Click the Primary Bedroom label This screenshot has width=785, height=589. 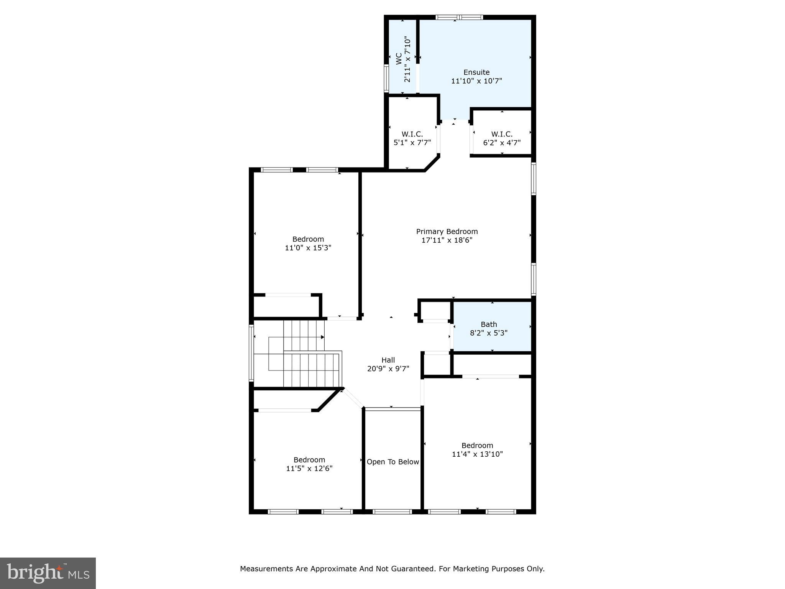(x=447, y=232)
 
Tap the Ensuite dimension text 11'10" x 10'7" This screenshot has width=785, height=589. (x=476, y=81)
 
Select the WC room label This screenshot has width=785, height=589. (x=399, y=59)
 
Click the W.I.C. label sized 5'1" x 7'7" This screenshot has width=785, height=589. (x=412, y=134)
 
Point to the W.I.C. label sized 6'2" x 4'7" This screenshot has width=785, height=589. (x=502, y=134)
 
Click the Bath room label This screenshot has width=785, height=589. (x=489, y=324)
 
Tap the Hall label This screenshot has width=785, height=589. (x=388, y=360)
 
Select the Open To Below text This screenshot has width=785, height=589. (x=393, y=462)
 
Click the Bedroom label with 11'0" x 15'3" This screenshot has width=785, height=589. (x=308, y=239)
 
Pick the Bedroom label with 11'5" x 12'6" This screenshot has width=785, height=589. (x=309, y=460)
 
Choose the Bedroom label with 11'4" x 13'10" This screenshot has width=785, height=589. (x=477, y=446)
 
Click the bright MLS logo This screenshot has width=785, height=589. (x=48, y=573)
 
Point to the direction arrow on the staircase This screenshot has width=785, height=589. (x=322, y=337)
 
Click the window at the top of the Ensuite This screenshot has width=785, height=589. (x=459, y=17)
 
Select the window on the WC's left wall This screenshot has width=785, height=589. (x=386, y=78)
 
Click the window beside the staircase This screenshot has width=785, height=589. (x=251, y=353)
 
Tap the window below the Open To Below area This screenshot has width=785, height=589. (x=392, y=512)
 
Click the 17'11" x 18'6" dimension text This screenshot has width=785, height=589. (x=447, y=240)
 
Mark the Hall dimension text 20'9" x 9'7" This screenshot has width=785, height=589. (x=388, y=369)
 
